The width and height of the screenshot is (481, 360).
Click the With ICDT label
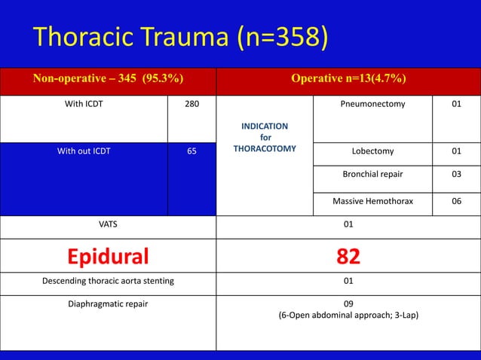pos(84,105)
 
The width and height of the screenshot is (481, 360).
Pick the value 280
pos(191,105)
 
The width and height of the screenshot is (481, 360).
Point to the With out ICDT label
pos(84,151)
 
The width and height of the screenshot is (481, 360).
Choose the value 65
pos(191,151)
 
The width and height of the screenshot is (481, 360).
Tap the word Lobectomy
pos(372,151)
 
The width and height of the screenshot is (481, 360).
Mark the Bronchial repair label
pos(372,176)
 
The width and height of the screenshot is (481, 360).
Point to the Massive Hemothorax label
pos(372,202)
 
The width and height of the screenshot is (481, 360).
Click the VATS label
pos(108,224)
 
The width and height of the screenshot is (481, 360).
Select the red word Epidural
pos(108,257)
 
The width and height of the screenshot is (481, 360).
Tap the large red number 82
pos(348,257)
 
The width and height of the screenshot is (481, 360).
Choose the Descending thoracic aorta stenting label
pos(108,282)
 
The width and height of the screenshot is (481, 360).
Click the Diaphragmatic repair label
pos(108,305)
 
